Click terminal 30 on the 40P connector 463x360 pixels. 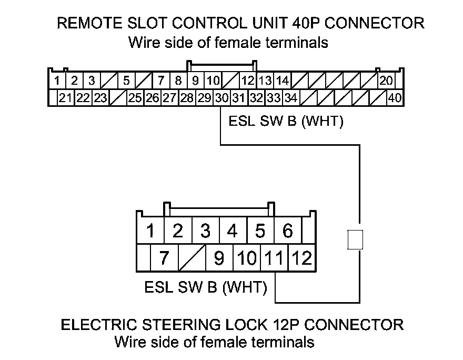[221, 98]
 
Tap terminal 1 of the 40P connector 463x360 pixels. [56, 81]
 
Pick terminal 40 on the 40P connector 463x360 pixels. [394, 98]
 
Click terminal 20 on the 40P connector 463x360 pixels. [386, 81]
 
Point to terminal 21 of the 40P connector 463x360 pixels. [66, 98]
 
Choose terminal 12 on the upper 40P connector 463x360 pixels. [248, 81]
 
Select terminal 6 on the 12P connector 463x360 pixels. [288, 231]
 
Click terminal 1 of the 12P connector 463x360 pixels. [150, 231]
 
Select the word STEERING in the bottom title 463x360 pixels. [170, 324]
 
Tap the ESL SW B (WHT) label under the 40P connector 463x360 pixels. [286, 122]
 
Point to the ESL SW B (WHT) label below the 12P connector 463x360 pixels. [206, 288]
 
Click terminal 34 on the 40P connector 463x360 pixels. [291, 98]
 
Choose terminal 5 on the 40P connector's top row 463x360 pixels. [126, 81]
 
